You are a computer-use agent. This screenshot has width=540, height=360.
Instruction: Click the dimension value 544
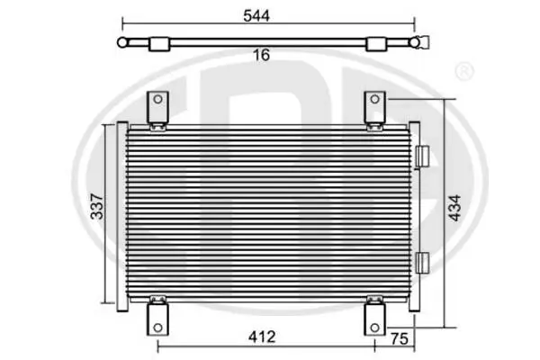[256, 16]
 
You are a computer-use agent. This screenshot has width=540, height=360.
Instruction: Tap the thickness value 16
[261, 55]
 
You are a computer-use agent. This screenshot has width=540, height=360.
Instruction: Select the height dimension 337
[97, 207]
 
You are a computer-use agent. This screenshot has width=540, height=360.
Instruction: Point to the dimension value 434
[454, 208]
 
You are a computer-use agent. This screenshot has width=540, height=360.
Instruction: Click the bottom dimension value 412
[262, 337]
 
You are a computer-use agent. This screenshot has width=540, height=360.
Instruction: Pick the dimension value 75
[400, 338]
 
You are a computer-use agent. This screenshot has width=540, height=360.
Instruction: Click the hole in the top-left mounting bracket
[157, 100]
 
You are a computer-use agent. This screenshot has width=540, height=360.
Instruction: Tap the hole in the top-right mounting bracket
[374, 100]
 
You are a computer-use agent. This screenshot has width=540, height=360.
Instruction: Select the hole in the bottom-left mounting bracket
[157, 328]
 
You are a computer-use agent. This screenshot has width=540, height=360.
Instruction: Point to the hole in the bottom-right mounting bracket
[374, 328]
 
